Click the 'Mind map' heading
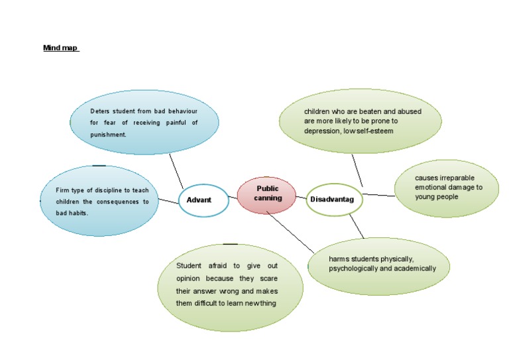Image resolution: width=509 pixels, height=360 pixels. pos(60,48)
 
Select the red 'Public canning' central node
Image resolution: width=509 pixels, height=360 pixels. pos(268,194)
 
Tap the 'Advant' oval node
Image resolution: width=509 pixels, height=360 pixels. pos(203,200)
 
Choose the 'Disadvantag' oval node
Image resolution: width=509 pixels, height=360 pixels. pos(334,200)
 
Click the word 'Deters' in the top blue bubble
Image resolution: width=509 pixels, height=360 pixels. pos(101,111)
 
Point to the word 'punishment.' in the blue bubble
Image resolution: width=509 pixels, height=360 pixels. pos(108,135)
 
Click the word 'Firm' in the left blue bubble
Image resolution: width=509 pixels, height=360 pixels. pos(63,190)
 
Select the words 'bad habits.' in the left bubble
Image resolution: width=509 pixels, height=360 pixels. pos(72,213)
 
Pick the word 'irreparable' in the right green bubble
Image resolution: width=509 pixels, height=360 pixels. pos(458,178)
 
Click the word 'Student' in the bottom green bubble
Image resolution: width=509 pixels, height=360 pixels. pos(189,265)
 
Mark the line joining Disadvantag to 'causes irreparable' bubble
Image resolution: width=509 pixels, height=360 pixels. pos(378,195)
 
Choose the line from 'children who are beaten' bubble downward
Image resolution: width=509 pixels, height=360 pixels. pos(357,170)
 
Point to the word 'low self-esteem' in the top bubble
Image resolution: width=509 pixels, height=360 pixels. pos(372,131)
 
